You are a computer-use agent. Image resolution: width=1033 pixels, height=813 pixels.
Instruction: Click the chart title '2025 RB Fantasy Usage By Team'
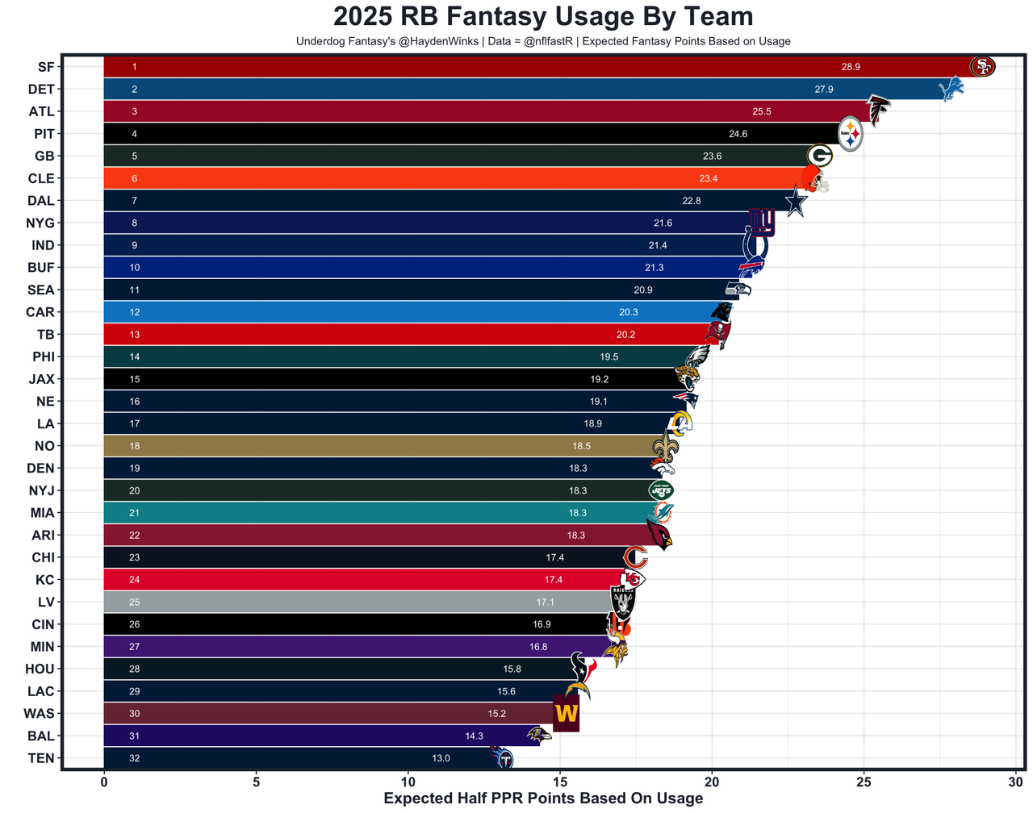pos(543,16)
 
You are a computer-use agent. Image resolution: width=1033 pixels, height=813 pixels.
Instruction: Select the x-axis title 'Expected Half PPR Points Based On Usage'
pos(543,798)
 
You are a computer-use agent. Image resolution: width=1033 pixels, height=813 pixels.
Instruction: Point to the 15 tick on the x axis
pos(560,781)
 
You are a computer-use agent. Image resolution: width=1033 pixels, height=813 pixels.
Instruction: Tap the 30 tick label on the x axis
pos(1016,781)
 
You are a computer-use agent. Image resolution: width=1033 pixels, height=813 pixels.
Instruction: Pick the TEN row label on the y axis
pos(41,758)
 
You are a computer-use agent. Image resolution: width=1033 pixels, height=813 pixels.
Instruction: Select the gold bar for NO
pos(363,446)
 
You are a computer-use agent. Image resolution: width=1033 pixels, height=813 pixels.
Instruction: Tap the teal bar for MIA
pos(363,513)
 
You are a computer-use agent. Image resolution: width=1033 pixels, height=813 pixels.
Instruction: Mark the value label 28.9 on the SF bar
pos(851,67)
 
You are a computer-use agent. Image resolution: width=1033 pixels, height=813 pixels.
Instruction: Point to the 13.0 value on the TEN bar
pos(441,758)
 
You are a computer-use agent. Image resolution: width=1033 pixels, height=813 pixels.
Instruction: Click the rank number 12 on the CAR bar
pos(135,312)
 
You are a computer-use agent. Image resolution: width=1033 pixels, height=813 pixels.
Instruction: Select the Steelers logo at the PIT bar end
pos(851,134)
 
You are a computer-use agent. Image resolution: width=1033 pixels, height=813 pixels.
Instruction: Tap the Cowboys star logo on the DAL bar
pos(796,201)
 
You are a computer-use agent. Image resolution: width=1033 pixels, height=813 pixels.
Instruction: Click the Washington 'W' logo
pos(566,714)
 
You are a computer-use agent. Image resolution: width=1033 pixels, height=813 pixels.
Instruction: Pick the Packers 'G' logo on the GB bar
pos(820,156)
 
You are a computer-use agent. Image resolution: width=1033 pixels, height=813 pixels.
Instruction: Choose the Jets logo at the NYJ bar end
pos(661,490)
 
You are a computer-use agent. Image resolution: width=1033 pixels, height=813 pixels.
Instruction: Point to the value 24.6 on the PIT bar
pos(738,134)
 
